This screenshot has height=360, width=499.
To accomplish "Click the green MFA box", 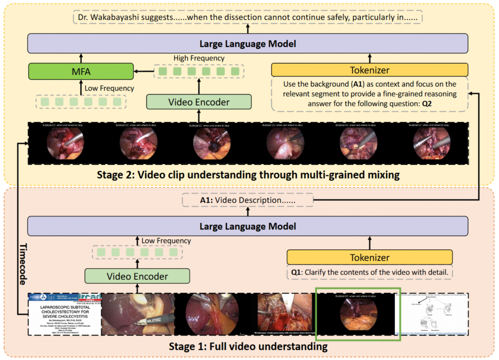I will (x=81, y=72).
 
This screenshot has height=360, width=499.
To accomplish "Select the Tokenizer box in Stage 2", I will (x=369, y=70).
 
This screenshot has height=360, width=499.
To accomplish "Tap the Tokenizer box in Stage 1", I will (x=369, y=257).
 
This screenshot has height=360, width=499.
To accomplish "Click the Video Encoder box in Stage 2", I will (x=199, y=102).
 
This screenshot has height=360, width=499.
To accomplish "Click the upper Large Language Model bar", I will (x=248, y=44).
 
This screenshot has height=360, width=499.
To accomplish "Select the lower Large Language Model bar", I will (x=248, y=227).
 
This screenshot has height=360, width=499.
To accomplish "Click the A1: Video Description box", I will (x=248, y=200).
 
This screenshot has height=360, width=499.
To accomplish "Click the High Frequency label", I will (x=199, y=58).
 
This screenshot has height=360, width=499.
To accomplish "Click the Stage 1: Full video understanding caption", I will (x=248, y=347).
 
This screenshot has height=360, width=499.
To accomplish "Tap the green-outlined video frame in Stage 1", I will (x=358, y=314).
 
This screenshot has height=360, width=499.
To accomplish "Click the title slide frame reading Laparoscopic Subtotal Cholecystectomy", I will (x=64, y=314).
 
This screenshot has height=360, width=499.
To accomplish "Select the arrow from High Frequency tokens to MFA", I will (x=143, y=72).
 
